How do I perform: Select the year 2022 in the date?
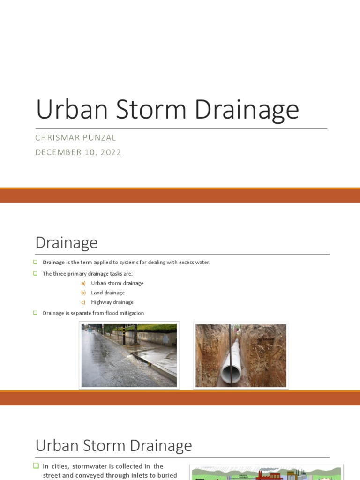pos(111,152)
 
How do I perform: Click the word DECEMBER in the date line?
pos(56,152)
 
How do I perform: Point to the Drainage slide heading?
pos(67,243)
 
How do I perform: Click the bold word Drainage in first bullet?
pos(54,262)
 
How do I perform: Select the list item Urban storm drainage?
pos(117,283)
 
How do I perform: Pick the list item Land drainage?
pos(108,292)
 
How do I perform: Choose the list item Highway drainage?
pos(112,302)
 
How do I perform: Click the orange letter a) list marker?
pos(83,283)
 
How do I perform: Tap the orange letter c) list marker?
pos(83,302)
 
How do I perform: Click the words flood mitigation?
pos(127,313)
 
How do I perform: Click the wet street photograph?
pos(129,355)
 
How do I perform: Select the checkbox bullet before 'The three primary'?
pos(35,274)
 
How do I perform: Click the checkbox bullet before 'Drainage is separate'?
pos(35,313)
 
